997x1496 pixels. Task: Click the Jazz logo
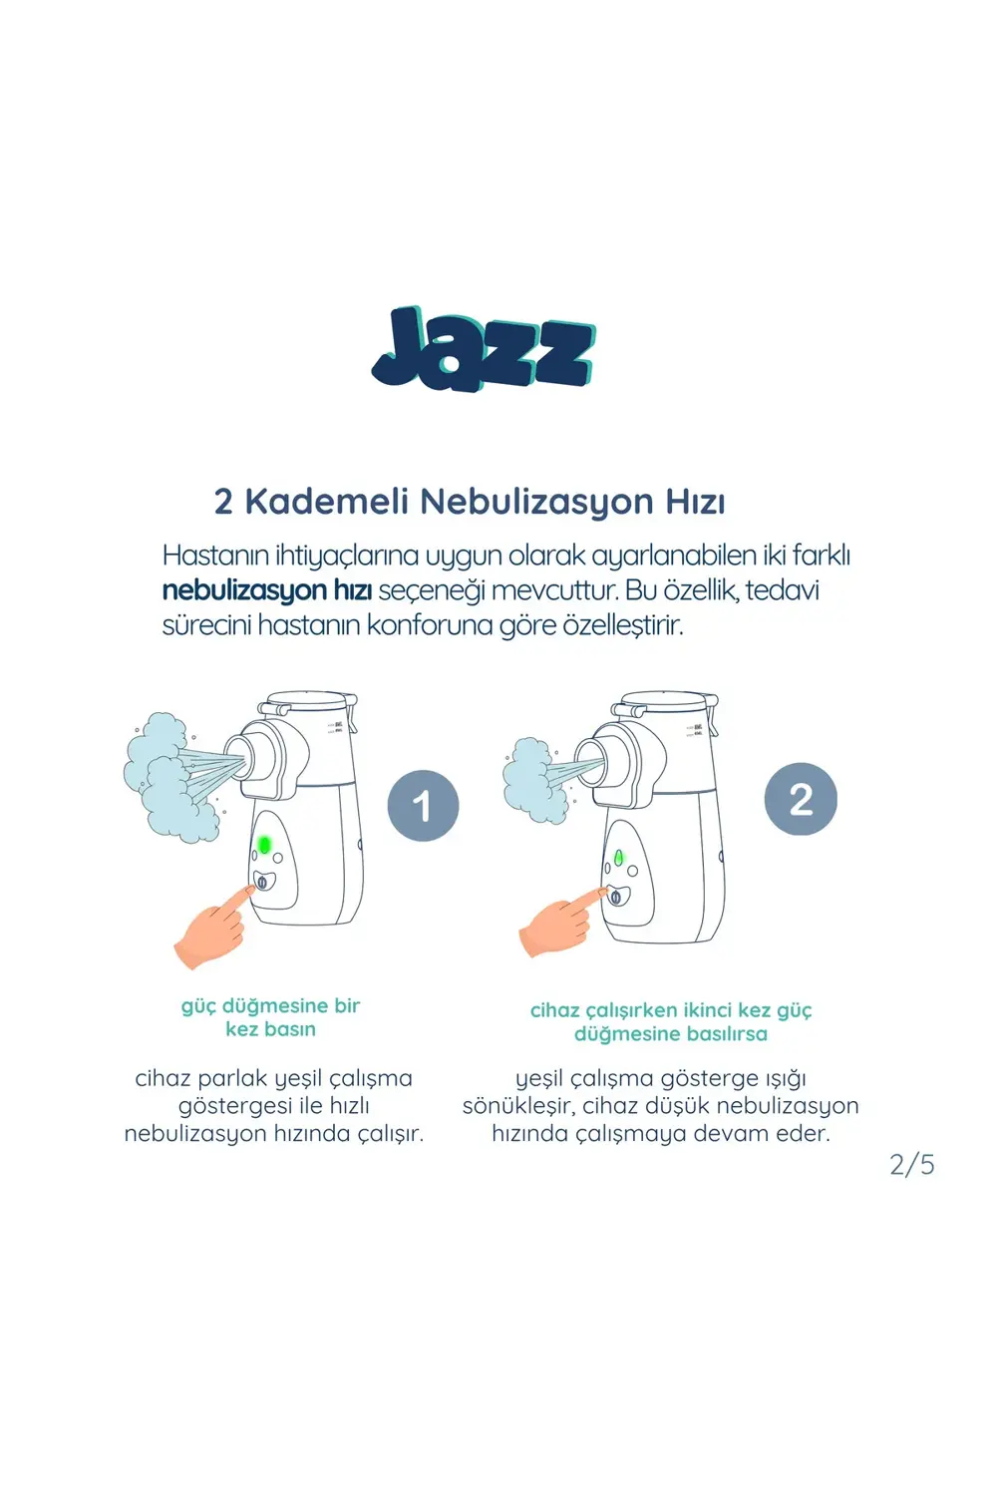485,349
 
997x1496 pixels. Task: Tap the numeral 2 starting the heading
223,502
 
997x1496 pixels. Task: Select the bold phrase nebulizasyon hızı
266,590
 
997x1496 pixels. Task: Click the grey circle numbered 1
423,806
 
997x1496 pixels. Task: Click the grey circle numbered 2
801,799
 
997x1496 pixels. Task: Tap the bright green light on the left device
264,845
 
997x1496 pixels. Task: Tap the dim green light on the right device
619,858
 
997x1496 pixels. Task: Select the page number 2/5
911,1164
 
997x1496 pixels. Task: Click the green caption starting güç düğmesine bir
270,1017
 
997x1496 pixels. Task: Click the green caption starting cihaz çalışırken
671,1021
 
